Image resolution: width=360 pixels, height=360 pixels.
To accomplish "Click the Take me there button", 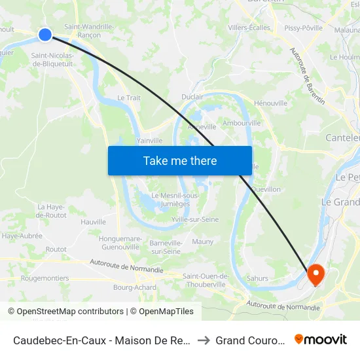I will [180, 160].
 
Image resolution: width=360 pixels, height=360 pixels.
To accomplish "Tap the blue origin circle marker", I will [45, 35].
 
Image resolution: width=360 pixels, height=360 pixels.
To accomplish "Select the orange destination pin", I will [315, 274].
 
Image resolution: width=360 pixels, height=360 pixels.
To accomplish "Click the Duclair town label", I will [192, 96].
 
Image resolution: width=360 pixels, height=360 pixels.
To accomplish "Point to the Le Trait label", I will [128, 97].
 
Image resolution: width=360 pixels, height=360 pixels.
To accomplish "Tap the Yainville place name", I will [150, 140].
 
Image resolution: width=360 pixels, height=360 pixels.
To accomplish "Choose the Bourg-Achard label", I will [135, 287].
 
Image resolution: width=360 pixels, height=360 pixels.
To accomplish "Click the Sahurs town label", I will [257, 278].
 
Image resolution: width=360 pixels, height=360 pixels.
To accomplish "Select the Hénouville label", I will [270, 103].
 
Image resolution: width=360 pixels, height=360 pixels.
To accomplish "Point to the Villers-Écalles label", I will [249, 27].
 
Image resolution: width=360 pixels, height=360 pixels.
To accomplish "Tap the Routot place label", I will [56, 249].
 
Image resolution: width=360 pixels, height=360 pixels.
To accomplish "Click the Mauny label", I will [203, 242].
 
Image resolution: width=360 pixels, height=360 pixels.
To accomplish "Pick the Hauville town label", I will [94, 222].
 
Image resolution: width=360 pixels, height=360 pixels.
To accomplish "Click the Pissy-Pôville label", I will [303, 27].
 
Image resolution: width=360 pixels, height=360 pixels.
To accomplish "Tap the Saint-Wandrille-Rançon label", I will [89, 31].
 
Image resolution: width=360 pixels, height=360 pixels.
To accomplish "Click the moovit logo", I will [321, 339].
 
